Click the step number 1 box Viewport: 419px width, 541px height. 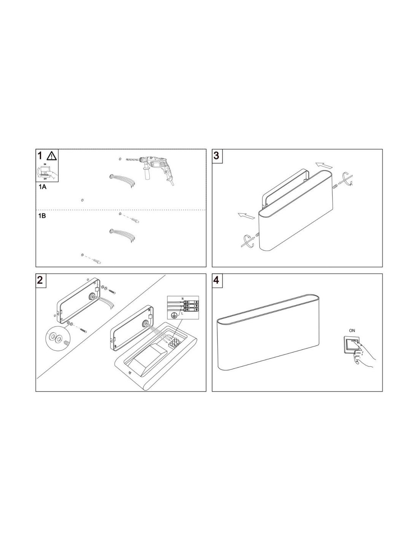coord(47,165)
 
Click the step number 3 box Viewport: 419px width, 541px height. coord(217,156)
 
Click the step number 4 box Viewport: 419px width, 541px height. coord(217,281)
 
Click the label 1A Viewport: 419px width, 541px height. coord(42,187)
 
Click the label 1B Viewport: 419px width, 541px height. coord(42,216)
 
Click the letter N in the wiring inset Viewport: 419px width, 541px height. coord(182,299)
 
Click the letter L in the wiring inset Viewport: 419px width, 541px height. coord(182,314)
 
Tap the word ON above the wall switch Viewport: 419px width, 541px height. coord(352,331)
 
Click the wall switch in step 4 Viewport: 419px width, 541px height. coord(352,344)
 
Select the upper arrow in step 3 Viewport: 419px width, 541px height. coord(324,165)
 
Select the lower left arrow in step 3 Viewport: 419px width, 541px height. coord(246,216)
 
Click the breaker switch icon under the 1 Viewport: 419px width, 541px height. coord(47,171)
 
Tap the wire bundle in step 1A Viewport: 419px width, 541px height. coord(123,180)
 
